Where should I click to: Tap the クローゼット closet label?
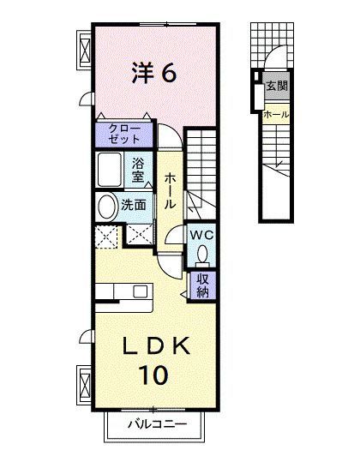point(125,133)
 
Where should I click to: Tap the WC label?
point(201,235)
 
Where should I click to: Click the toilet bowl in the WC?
point(201,255)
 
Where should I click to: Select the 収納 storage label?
point(202,286)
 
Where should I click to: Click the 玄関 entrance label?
point(275,86)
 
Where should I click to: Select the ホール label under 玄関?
point(276,114)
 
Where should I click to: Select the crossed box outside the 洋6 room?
point(85,50)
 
